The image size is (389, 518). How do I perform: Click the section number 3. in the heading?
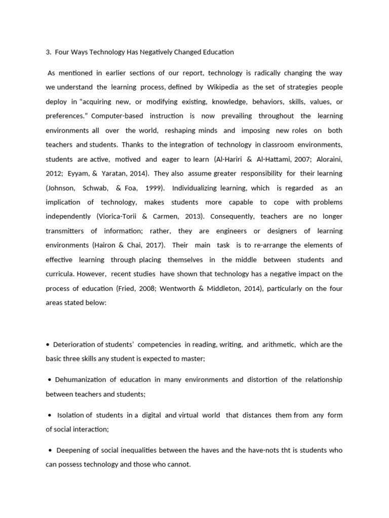(x=48, y=52)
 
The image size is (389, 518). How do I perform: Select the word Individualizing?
(x=195, y=188)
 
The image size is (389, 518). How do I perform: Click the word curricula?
(x=60, y=274)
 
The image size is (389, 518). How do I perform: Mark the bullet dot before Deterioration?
(x=48, y=344)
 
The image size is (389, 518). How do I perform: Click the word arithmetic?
(x=279, y=344)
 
